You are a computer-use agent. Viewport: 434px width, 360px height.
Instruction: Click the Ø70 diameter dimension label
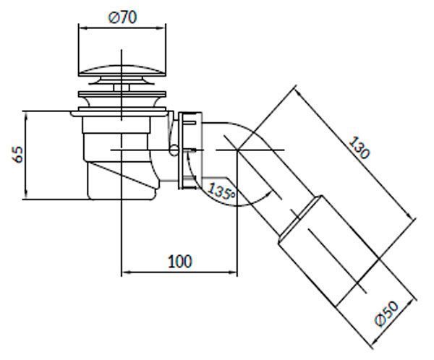[x=123, y=17]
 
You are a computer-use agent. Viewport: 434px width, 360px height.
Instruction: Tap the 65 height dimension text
[x=18, y=155]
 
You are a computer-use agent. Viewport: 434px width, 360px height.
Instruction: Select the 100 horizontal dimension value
[x=180, y=262]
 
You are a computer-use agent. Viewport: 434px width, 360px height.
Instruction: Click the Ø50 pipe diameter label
[x=387, y=314]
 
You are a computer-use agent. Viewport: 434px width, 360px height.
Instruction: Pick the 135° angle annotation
[x=221, y=191]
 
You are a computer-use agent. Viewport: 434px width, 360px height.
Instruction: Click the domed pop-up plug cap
[x=122, y=71]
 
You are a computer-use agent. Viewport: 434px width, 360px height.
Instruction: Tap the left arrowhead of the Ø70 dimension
[x=82, y=28]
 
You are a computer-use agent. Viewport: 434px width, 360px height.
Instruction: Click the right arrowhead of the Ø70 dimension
[x=162, y=28]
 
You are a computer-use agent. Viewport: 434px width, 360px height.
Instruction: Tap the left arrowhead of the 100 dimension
[x=126, y=273]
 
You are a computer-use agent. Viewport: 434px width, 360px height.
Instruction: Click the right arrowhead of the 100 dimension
[x=234, y=273]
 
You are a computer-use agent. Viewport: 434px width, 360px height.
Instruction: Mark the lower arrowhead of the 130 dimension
[x=412, y=215]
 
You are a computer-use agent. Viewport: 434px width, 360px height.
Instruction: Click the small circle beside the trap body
[x=174, y=150]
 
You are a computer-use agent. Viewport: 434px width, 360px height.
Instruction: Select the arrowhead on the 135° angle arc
[x=268, y=195]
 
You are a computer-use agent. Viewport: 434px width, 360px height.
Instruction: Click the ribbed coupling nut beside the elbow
[x=190, y=151]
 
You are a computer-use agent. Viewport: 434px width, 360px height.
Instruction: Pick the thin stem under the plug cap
[x=122, y=87]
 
